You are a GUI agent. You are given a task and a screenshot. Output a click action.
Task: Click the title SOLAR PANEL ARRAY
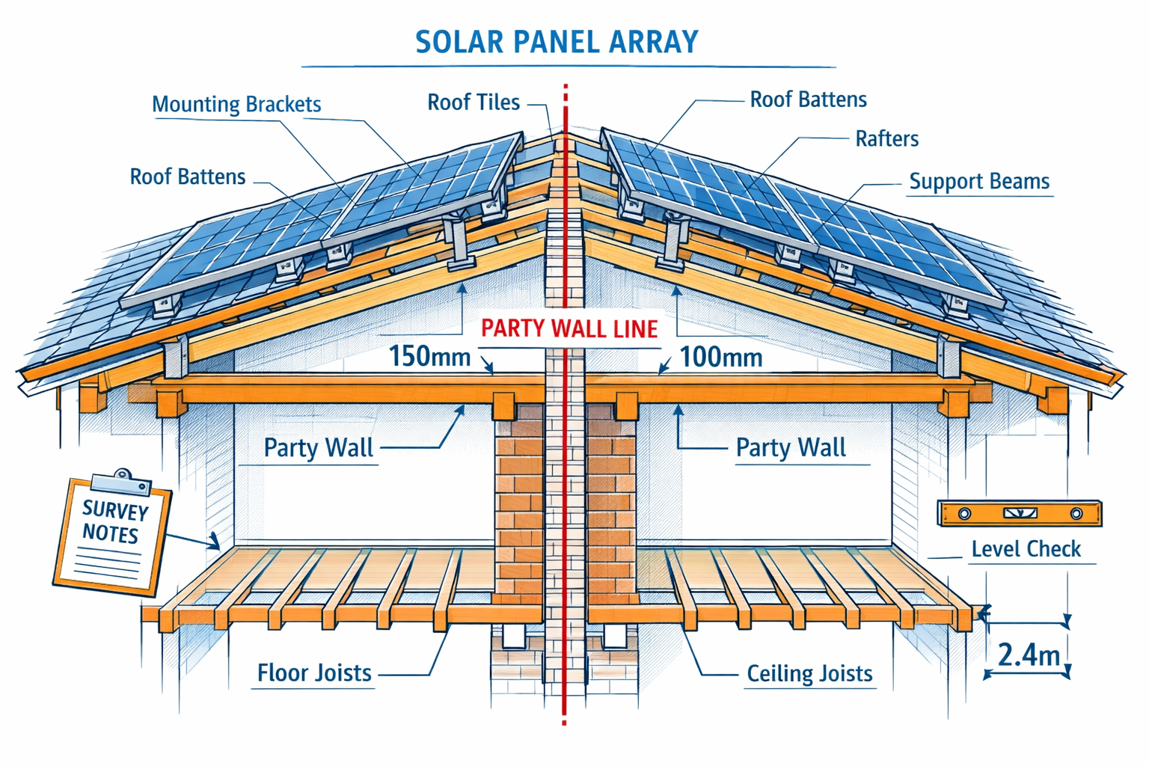coord(557,42)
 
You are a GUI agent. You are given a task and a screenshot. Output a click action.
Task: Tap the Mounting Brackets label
coord(236,104)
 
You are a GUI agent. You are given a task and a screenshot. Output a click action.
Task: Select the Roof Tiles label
coord(473,102)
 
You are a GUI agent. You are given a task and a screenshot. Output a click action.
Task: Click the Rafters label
coord(886,138)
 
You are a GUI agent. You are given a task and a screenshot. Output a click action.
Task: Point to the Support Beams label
coord(978,181)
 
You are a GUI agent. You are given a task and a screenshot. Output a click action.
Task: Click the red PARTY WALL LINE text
coord(569,328)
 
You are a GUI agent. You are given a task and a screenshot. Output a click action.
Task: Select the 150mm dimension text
coord(429,357)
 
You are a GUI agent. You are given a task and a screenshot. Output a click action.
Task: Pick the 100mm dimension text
coord(721,358)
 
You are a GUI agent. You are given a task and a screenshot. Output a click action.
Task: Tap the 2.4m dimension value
coord(1029,655)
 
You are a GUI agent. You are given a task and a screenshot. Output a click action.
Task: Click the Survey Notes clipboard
coord(112,535)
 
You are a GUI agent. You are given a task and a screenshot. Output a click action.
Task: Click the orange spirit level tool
coord(1020,514)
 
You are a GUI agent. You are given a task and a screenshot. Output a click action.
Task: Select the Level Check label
coord(1026,549)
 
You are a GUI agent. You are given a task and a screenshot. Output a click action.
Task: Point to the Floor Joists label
coord(314,673)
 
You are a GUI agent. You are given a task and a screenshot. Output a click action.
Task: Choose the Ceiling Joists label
coord(809,674)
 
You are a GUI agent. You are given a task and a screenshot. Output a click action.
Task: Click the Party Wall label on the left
coord(318,448)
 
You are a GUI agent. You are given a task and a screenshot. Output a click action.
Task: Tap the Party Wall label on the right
coord(791,448)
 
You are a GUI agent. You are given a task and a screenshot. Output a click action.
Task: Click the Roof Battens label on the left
coord(188,177)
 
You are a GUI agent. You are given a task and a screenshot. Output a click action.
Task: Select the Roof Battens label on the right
coord(808,99)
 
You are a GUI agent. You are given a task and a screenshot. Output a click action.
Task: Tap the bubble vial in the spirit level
coord(1020,514)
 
